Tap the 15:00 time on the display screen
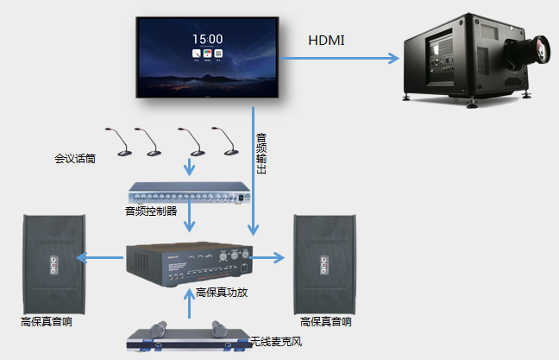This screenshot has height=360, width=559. (207, 39)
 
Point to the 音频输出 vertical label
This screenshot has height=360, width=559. (261, 154)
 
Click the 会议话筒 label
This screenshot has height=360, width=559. (74, 158)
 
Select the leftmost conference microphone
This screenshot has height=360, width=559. (120, 142)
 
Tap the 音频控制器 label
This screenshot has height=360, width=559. (151, 211)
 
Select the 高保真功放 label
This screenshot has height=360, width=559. (222, 293)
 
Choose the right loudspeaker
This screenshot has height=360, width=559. (323, 262)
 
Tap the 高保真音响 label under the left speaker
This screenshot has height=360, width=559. (47, 322)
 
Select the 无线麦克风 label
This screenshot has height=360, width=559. (276, 343)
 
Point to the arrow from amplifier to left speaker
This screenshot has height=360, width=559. (101, 257)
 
